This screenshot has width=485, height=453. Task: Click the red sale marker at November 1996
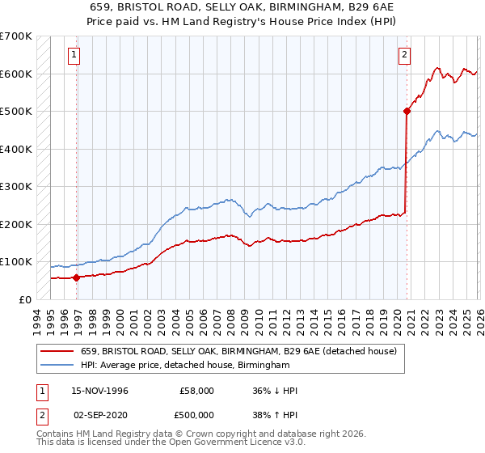tap(77, 277)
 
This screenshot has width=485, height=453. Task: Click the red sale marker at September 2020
tap(407, 112)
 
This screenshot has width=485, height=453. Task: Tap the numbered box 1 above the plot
tap(74, 55)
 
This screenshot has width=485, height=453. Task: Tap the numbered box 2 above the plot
tap(403, 55)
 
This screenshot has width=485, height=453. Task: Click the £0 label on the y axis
tap(26, 299)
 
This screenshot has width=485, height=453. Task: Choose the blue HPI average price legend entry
tap(185, 366)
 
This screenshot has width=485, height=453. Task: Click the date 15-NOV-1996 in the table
tap(99, 391)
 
